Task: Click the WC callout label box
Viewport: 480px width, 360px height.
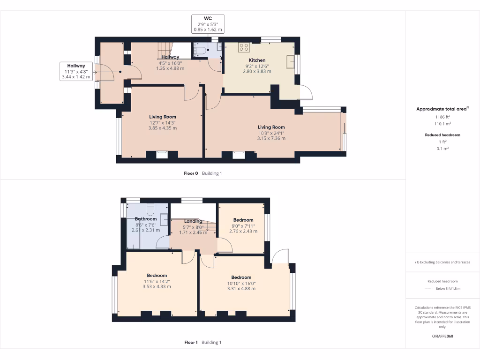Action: [x=208, y=24]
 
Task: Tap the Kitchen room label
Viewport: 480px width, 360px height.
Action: [x=257, y=60]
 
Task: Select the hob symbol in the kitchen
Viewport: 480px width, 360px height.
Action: [x=244, y=47]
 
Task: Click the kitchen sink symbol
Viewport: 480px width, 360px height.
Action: [x=291, y=61]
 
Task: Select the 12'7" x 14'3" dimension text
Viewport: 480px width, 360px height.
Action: [x=162, y=123]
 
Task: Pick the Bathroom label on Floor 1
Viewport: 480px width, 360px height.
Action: [x=146, y=219]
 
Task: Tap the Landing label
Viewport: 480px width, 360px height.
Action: [x=193, y=221]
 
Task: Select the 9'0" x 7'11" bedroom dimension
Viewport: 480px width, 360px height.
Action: [x=243, y=226]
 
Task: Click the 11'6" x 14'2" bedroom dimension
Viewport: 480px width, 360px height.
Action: [x=157, y=282]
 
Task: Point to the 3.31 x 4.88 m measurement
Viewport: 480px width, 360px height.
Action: [x=241, y=289]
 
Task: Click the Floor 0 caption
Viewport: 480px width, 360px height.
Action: [x=191, y=173]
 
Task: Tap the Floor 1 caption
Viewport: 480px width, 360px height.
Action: [x=191, y=343]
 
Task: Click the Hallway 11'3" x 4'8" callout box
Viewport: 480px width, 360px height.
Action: [x=76, y=71]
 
